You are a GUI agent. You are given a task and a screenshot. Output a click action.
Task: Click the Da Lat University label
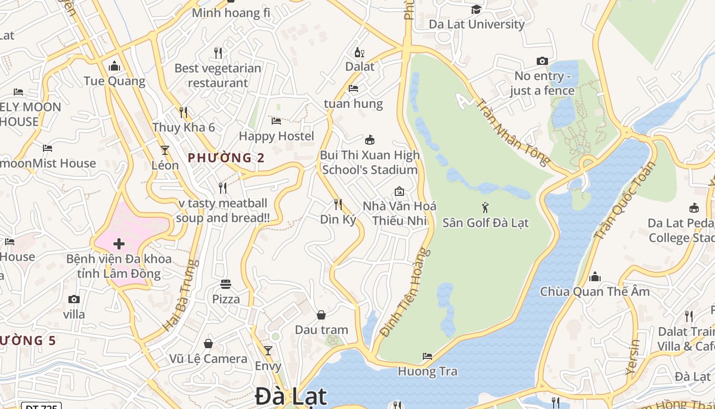(x=476, y=24)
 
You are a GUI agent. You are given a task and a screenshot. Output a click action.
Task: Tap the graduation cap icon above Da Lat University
(x=476, y=9)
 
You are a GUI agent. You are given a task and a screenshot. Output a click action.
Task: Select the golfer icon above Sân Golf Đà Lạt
(x=485, y=208)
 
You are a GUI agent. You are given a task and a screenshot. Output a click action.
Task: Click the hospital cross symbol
(x=119, y=243)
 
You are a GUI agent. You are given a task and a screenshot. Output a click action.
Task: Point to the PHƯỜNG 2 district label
(x=226, y=157)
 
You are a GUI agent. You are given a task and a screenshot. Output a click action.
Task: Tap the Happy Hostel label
(x=276, y=136)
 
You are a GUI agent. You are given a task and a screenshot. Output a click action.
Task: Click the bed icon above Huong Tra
(x=427, y=356)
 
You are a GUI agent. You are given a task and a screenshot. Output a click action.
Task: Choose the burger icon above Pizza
(x=226, y=284)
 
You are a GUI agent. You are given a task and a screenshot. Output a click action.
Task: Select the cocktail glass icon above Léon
(x=165, y=150)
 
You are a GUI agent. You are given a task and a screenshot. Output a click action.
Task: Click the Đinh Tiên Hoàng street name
(x=403, y=293)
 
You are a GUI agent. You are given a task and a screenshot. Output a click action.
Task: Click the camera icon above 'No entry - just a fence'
(x=542, y=61)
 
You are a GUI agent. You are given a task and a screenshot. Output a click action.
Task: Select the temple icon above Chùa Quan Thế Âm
(x=595, y=277)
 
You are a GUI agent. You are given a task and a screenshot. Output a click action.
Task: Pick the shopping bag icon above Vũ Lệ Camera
(x=208, y=344)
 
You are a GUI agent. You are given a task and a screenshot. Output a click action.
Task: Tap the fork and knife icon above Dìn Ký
(x=338, y=204)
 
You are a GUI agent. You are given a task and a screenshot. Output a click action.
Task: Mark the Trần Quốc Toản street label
(x=625, y=201)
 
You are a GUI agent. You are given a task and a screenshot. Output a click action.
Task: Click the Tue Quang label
(x=114, y=81)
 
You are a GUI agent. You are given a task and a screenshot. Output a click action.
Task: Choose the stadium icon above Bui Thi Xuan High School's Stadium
(x=370, y=140)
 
